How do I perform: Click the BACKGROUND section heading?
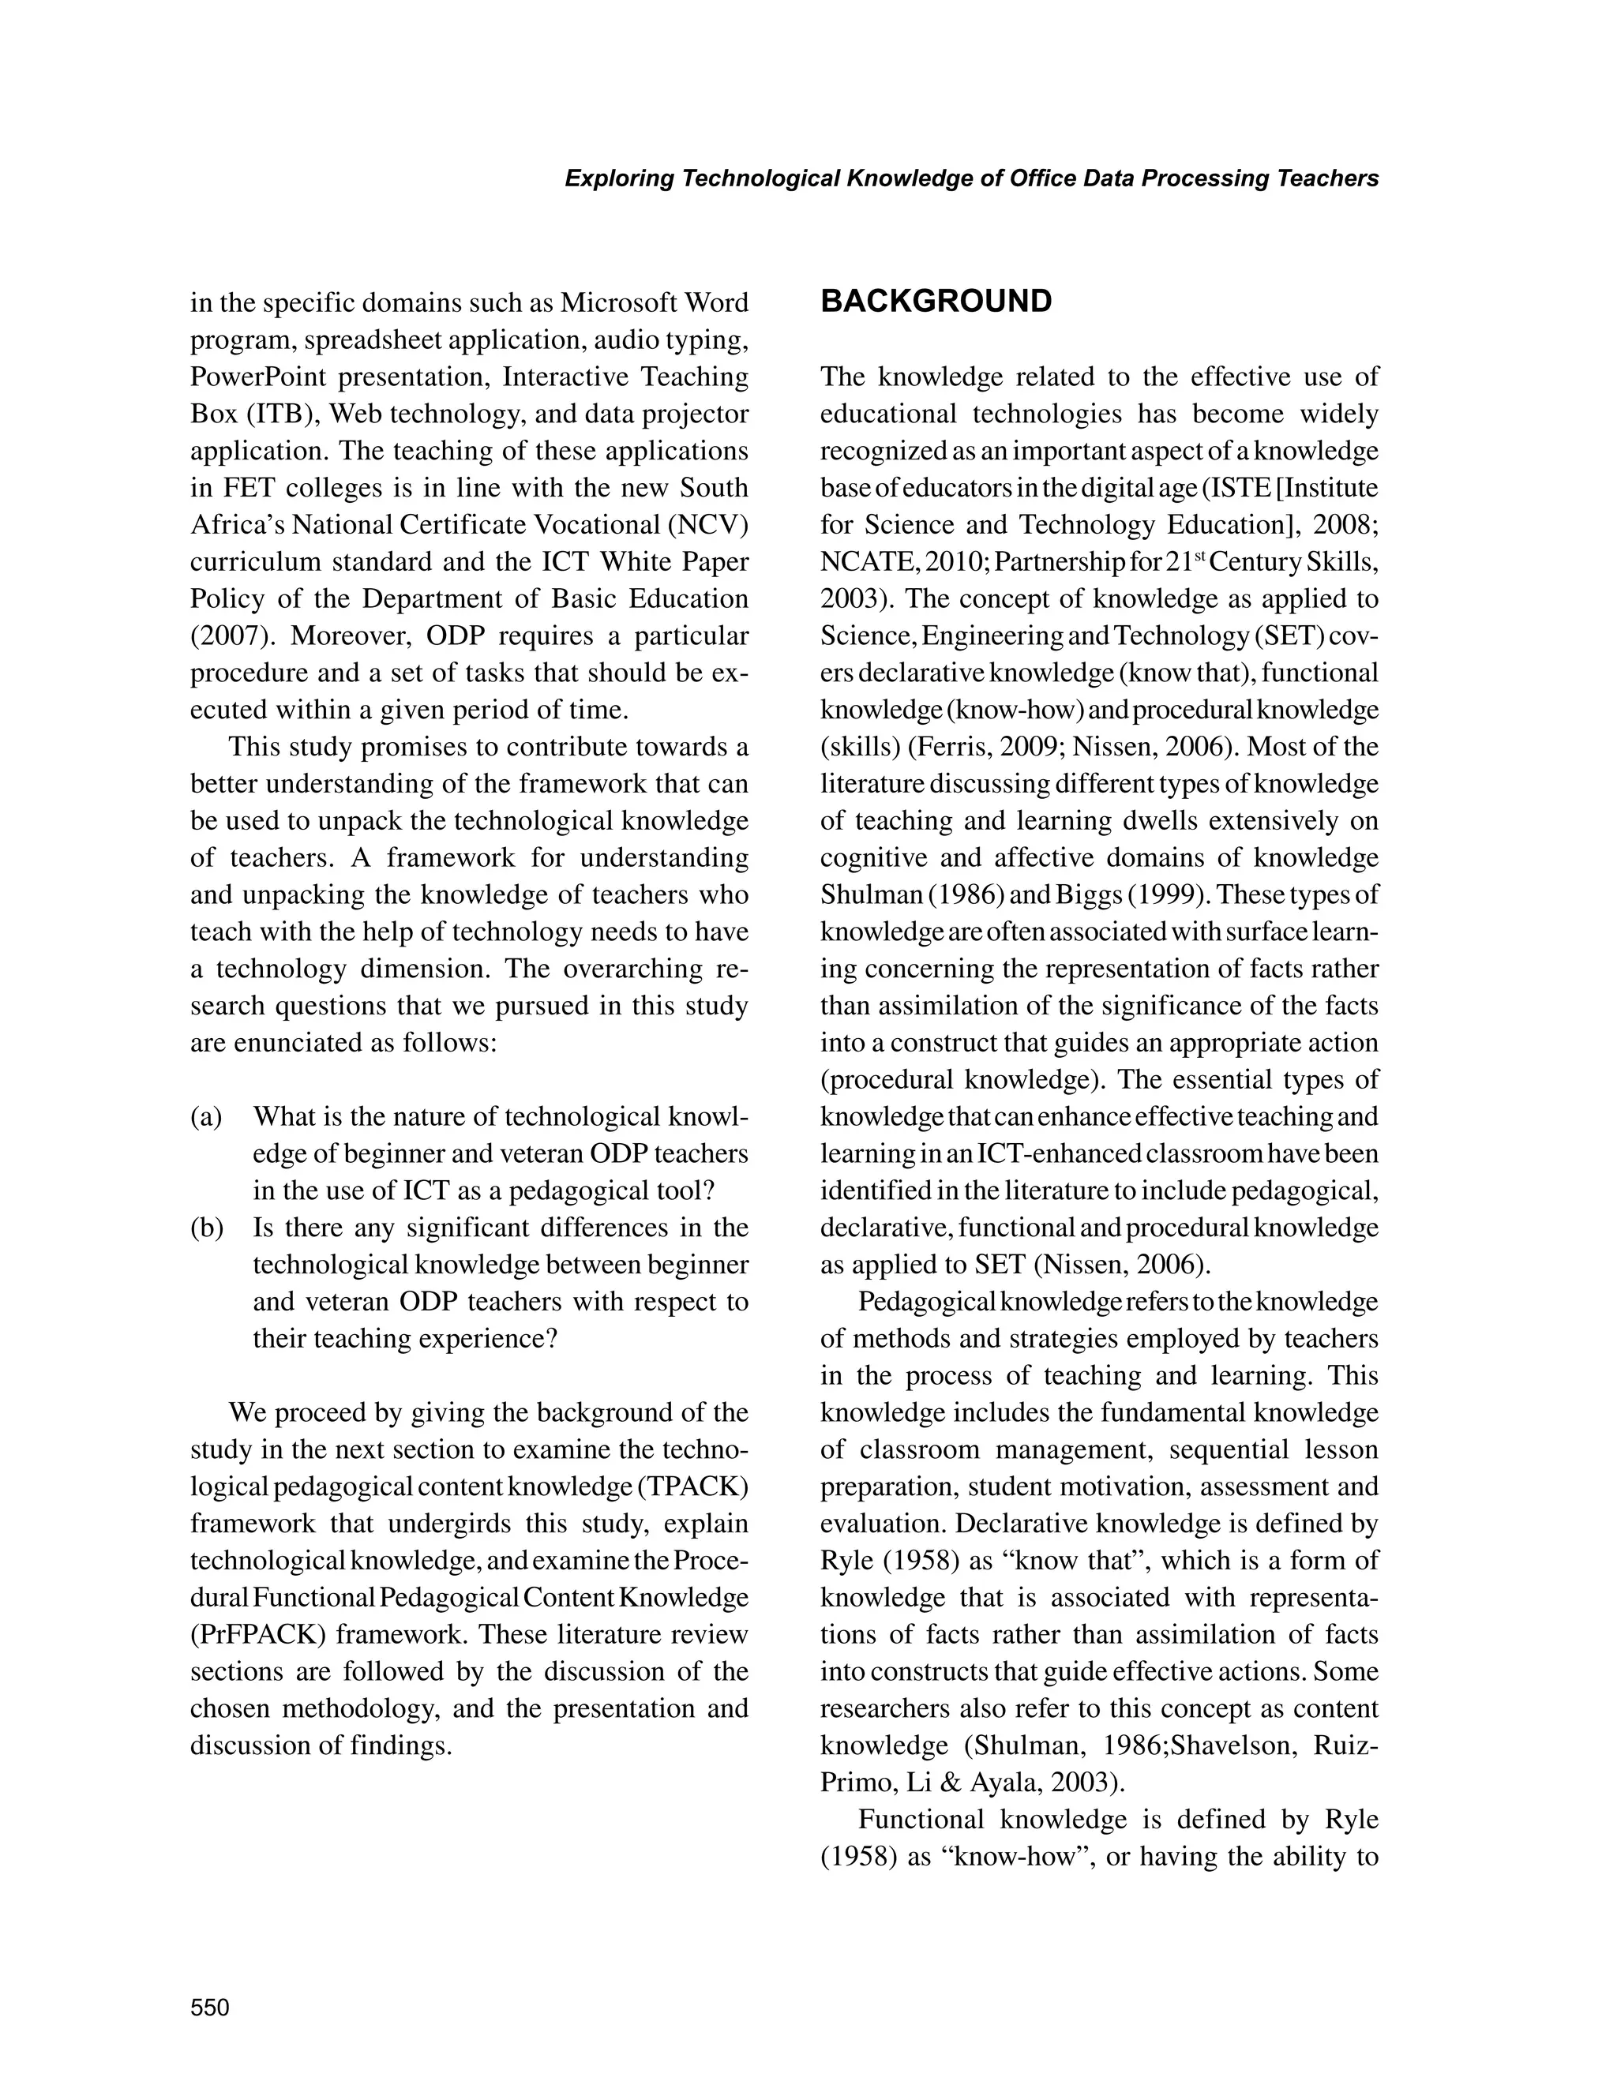pyautogui.click(x=936, y=301)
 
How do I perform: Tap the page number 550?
pyautogui.click(x=210, y=2007)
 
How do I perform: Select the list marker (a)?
pyautogui.click(x=206, y=1117)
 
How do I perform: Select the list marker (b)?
pyautogui.click(x=206, y=1228)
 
